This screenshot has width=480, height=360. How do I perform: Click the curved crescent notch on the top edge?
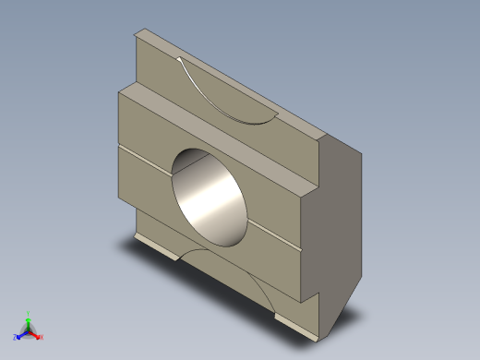click(225, 98)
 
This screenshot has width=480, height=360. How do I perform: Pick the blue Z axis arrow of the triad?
click(19, 335)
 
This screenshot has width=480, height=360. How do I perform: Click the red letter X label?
click(42, 337)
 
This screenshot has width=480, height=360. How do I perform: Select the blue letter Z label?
click(15, 338)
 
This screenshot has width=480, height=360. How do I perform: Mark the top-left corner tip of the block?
click(137, 33)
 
